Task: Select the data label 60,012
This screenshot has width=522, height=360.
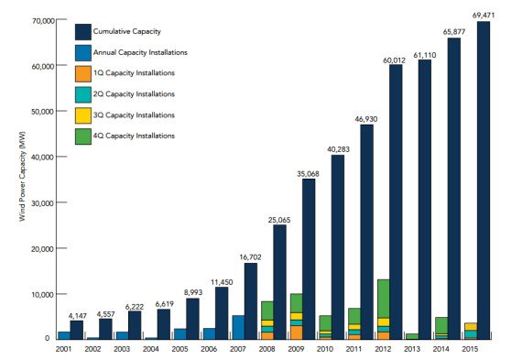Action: (x=395, y=60)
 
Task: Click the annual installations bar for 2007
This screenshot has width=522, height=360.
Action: (x=238, y=327)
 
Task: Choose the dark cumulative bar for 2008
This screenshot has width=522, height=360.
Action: (x=279, y=281)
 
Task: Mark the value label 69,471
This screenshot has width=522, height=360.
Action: (x=483, y=16)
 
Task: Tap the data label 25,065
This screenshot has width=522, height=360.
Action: (x=279, y=219)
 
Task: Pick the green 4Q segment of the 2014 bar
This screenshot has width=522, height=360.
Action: (x=440, y=325)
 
